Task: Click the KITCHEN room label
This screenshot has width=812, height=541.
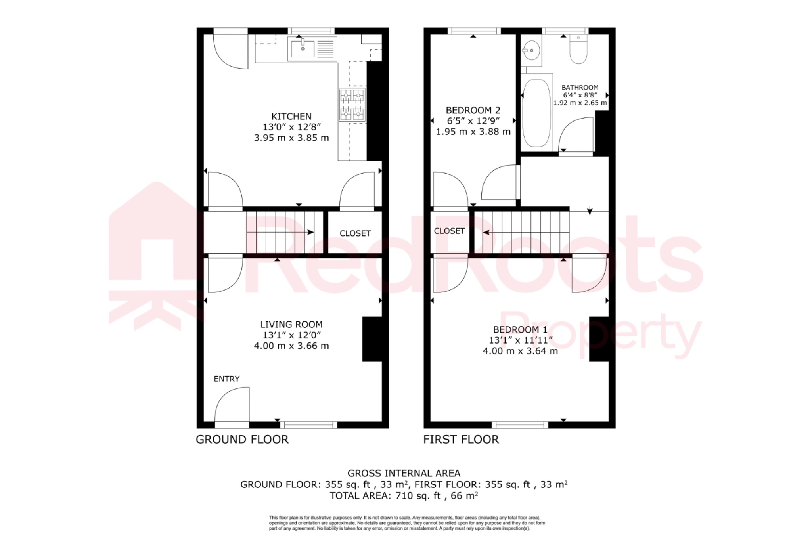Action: coord(291,117)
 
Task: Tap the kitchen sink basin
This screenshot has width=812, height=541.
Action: coord(303,49)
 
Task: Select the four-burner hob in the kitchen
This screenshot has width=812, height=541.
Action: coord(352,105)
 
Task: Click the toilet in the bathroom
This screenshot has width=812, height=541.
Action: coord(578,50)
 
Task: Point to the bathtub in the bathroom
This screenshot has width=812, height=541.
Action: coord(536,113)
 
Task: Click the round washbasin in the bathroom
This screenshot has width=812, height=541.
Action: coord(531,51)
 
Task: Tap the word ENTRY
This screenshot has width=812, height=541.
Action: coord(226,379)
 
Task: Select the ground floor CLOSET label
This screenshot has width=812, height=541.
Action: coord(355,233)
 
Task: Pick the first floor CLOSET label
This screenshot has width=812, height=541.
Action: coord(449,231)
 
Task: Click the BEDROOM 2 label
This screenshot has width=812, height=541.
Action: coord(473,110)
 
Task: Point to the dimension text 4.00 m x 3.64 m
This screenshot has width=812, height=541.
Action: coord(520,351)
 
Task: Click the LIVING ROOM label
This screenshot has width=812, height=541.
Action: coord(291,325)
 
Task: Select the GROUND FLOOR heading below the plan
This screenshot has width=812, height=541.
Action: coord(242,440)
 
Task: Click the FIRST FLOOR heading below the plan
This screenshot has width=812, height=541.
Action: coord(461,440)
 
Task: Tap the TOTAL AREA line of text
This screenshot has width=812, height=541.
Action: coord(404,496)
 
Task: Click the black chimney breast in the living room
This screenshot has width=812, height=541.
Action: coord(372,339)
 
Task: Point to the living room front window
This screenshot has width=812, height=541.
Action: coord(309,425)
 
